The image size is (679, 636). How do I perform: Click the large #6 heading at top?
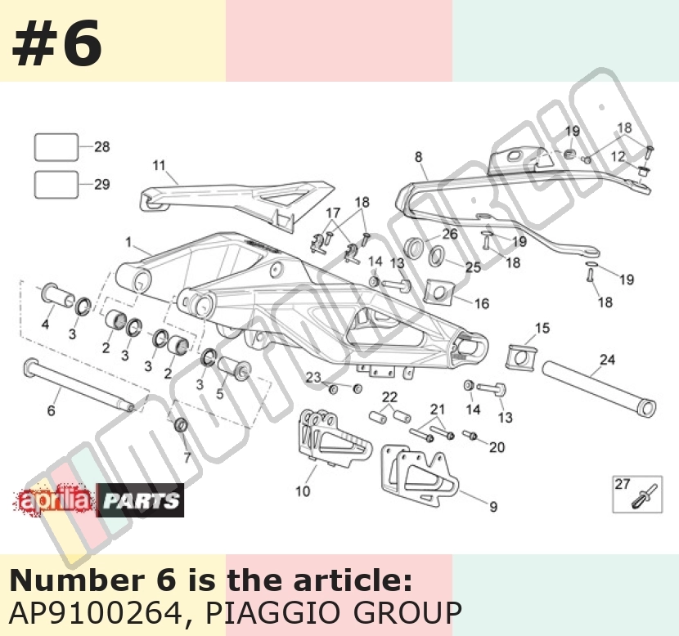(x=57, y=43)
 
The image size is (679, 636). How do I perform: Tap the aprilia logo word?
(x=54, y=500)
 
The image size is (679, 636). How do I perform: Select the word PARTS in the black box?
(x=141, y=501)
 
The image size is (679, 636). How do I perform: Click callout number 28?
(x=102, y=146)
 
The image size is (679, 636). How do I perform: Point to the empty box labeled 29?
(x=56, y=185)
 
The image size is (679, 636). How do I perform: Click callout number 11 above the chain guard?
(x=160, y=165)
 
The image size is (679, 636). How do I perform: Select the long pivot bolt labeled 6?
(x=79, y=385)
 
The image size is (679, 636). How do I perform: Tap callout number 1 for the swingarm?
(x=128, y=242)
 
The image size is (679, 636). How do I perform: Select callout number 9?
(x=493, y=507)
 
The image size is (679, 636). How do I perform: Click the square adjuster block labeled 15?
(x=521, y=357)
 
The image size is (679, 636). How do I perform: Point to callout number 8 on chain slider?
(x=418, y=157)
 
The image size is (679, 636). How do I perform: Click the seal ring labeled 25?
(x=437, y=256)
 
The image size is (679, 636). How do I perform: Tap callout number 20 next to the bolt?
(x=497, y=447)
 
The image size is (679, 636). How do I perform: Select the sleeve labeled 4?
(x=57, y=295)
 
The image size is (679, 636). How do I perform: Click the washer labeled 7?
(x=181, y=425)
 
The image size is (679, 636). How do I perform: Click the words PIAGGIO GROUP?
(x=333, y=612)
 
